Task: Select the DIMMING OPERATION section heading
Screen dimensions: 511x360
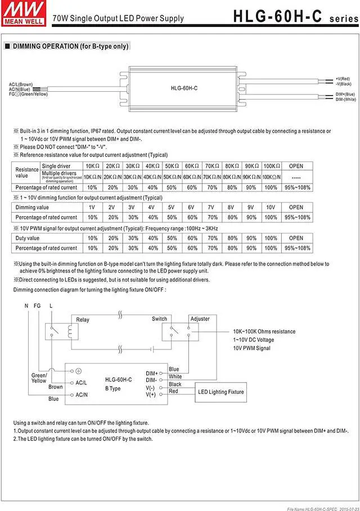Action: tap(66, 46)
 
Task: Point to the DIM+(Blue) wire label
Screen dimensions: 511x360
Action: tap(345, 94)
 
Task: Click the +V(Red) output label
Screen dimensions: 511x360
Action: tap(343, 78)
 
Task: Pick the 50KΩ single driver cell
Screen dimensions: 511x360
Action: tap(172, 167)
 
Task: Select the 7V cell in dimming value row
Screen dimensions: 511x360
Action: tap(211, 208)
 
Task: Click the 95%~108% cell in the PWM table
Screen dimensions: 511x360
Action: tap(296, 248)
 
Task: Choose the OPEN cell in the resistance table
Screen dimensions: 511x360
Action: tap(296, 167)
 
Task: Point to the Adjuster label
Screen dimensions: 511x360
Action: tap(200, 319)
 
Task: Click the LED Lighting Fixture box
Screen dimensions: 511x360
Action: tap(221, 392)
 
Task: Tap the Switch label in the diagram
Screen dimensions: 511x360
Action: tap(159, 319)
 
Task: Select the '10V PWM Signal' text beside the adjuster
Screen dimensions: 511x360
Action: tap(251, 348)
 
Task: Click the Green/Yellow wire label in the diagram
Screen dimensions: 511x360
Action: tap(39, 378)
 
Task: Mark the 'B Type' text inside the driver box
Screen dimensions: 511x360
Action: tap(113, 388)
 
